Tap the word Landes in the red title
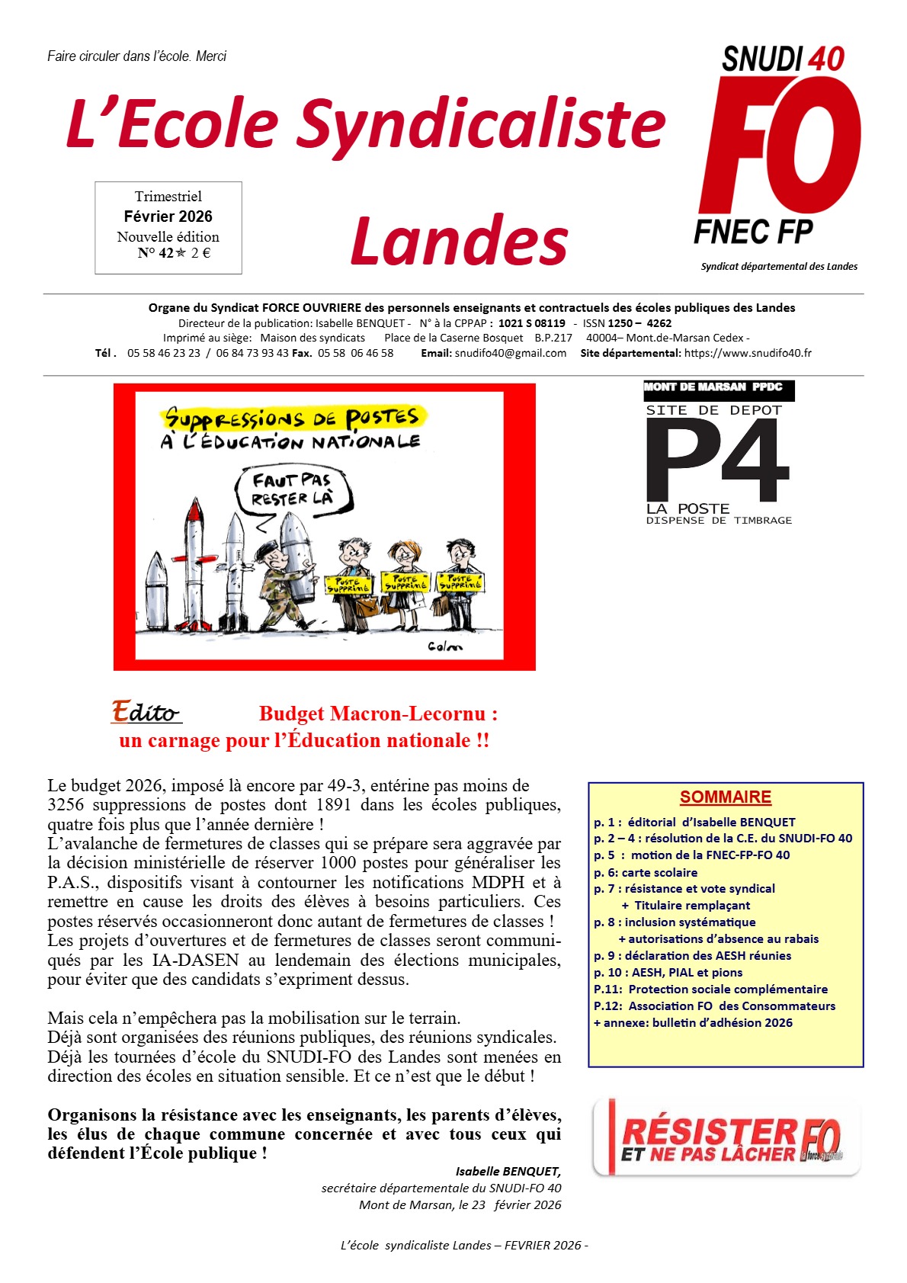[x=460, y=241]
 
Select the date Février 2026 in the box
[x=168, y=217]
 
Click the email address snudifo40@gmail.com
[x=511, y=353]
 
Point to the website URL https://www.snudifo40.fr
[x=748, y=353]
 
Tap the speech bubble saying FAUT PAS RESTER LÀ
[x=293, y=490]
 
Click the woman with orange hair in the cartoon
[x=404, y=579]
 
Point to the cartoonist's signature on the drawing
[x=445, y=646]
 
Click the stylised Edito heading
[x=146, y=712]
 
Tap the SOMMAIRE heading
[x=725, y=797]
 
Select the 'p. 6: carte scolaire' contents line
[x=646, y=872]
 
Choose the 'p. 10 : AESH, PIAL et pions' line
[x=668, y=972]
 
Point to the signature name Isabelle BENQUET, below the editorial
[x=508, y=1171]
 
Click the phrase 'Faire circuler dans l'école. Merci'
[x=136, y=56]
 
